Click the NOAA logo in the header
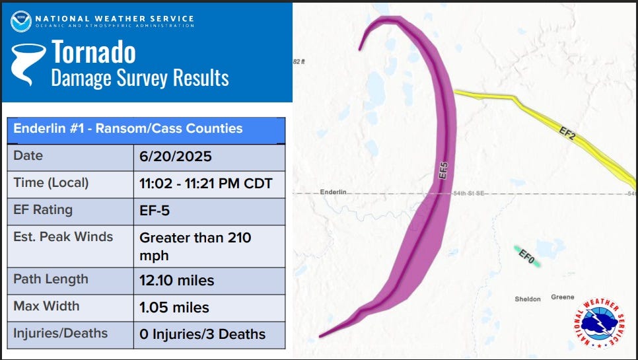tap(20, 21)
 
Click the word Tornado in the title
tap(94, 52)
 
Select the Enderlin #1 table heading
tap(127, 128)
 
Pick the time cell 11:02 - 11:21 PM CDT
tap(205, 184)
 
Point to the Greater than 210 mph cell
tap(195, 246)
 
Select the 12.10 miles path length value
tap(176, 281)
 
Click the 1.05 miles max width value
tap(174, 307)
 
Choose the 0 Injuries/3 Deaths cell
tap(202, 334)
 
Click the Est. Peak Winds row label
tap(63, 236)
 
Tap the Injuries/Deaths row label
tap(61, 334)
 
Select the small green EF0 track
tap(527, 256)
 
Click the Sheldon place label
tap(528, 299)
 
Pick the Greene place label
tap(563, 297)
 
